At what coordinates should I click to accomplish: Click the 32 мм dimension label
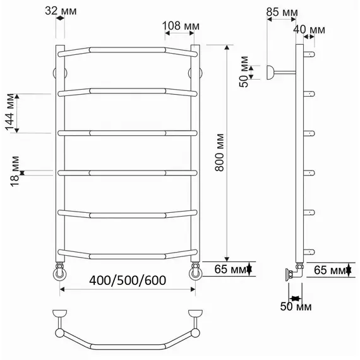61,11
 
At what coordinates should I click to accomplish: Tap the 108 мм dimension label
181,26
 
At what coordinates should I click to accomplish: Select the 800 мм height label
220,152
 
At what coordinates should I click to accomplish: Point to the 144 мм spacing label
10,112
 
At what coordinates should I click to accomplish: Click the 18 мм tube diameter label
15,171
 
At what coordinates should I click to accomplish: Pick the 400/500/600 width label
128,280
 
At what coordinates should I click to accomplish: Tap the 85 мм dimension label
282,12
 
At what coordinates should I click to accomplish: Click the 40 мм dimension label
309,30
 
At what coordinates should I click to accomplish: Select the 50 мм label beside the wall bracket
244,71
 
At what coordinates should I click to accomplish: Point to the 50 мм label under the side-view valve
296,306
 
